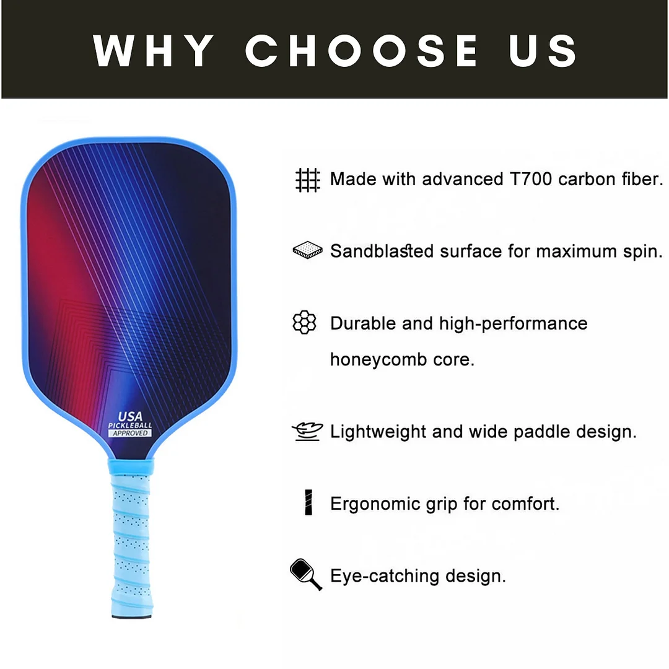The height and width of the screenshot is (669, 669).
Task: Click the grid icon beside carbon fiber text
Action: (x=307, y=180)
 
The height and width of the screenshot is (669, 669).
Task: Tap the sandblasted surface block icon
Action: (x=307, y=251)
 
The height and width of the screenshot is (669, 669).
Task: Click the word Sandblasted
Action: (x=382, y=251)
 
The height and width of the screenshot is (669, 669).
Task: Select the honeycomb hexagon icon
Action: (x=304, y=323)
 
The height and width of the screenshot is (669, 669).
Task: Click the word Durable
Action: (x=364, y=323)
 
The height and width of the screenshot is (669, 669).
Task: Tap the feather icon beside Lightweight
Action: (x=307, y=431)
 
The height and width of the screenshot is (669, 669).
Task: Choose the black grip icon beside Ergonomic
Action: (x=308, y=502)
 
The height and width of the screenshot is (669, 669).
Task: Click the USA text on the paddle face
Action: (x=130, y=417)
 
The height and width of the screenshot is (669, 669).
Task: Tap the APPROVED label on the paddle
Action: (x=130, y=433)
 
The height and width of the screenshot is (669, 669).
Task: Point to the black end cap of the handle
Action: (x=131, y=615)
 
